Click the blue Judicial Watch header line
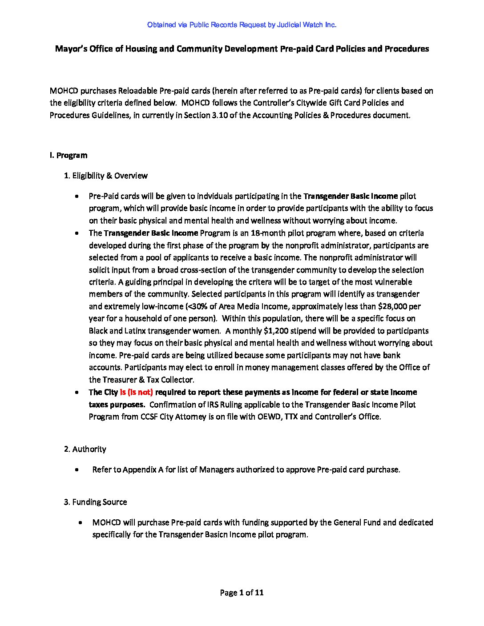(x=242, y=25)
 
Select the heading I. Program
(x=69, y=155)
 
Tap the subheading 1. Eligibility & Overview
(x=106, y=176)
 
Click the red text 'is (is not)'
(x=137, y=392)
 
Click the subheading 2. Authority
(x=85, y=449)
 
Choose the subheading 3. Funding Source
(x=95, y=502)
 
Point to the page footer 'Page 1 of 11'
(x=242, y=592)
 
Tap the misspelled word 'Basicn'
(x=215, y=534)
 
